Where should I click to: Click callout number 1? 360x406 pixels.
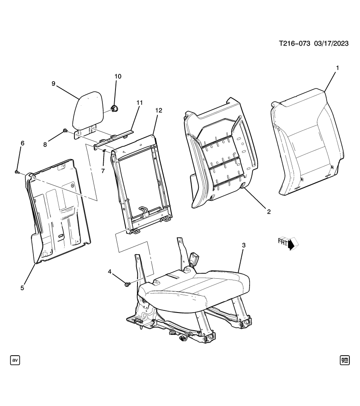[x=337, y=68]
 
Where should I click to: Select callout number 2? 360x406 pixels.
[x=268, y=211]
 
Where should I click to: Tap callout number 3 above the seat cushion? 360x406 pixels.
[x=243, y=245]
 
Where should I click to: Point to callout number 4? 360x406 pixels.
[x=110, y=272]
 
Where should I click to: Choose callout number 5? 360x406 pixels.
[x=22, y=288]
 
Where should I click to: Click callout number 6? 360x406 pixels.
[x=22, y=143]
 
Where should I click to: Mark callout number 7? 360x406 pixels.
[x=102, y=170]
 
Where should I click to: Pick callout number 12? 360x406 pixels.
[x=159, y=111]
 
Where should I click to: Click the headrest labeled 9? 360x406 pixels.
[x=87, y=111]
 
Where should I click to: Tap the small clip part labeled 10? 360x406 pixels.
[x=114, y=109]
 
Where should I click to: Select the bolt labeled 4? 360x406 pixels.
[x=127, y=285]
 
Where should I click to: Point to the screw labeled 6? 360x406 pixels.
[x=16, y=172]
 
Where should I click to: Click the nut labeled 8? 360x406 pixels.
[x=65, y=131]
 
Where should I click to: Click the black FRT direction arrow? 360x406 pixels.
[x=291, y=244]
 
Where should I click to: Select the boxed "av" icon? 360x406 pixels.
[x=15, y=360]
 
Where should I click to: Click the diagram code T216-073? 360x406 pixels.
[x=294, y=44]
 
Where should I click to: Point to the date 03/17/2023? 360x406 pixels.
[x=331, y=44]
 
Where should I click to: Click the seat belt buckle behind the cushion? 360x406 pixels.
[x=195, y=258]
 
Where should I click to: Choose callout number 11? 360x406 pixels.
[x=139, y=102]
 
